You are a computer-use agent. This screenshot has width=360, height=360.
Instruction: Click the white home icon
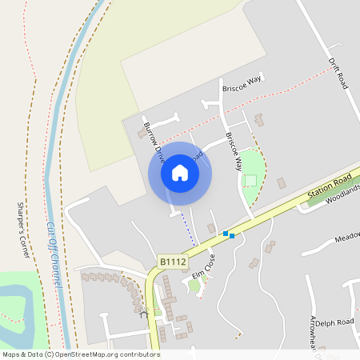coord(180,173)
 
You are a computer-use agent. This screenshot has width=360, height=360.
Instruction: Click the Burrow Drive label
coord(154,138)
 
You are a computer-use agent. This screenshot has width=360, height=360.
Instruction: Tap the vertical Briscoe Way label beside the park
coord(234,152)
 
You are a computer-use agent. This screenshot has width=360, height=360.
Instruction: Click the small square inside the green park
coord(250,180)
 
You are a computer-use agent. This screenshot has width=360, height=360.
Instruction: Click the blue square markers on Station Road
coord(230,234)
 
